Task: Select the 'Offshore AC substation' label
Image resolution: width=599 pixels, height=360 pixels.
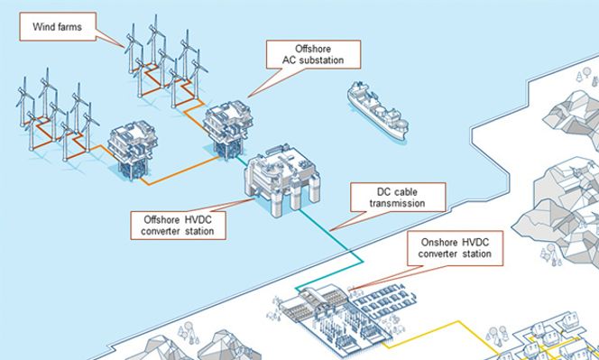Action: point(308,54)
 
